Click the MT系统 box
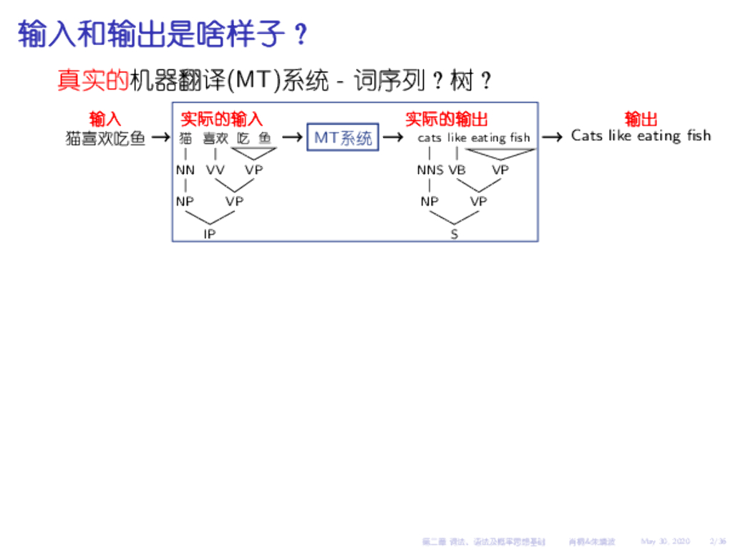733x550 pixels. point(343,137)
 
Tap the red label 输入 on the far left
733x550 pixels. point(105,119)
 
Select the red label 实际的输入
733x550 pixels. point(221,119)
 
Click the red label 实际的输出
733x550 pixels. point(446,119)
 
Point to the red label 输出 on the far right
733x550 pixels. point(641,119)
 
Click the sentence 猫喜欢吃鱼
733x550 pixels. point(105,138)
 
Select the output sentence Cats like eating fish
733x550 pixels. point(641,135)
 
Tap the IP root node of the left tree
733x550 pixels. point(209,233)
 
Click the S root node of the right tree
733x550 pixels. point(454,233)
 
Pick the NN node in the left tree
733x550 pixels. point(185,170)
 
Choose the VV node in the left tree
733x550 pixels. point(215,170)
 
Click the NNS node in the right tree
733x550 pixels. point(430,170)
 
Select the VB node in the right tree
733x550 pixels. point(457,170)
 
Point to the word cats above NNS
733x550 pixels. point(429,137)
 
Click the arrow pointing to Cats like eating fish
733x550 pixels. point(552,137)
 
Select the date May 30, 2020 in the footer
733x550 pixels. point(665,541)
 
